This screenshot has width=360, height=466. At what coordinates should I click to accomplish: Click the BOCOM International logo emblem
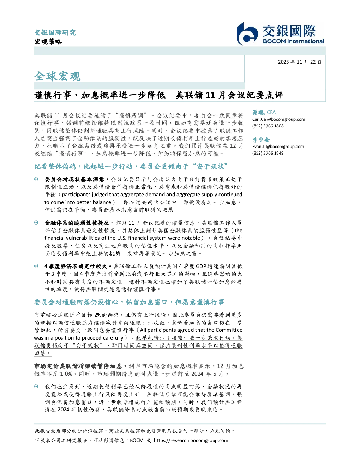(x=247, y=34)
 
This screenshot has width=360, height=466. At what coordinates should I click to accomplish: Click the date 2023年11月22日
(x=300, y=62)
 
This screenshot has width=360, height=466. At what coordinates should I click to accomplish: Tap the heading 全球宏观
(x=58, y=76)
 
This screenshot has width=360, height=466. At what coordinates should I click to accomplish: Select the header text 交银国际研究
(x=55, y=32)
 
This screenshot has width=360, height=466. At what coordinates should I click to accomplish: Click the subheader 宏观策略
(x=48, y=42)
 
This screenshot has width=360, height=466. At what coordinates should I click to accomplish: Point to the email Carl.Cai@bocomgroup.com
(x=278, y=119)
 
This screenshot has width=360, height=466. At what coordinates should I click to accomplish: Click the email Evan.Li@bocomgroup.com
(x=278, y=147)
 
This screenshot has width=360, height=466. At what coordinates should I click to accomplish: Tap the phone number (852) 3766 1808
(x=268, y=126)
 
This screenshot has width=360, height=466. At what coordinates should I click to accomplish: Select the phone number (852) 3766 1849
(x=268, y=153)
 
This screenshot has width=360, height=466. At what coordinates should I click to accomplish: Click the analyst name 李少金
(x=261, y=140)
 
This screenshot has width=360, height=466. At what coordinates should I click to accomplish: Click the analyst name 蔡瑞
(x=258, y=112)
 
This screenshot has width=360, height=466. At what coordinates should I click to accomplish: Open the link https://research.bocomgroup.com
(x=191, y=440)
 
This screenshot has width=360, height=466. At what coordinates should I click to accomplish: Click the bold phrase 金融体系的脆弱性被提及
(x=77, y=223)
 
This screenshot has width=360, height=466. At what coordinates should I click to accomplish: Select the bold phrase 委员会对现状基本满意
(x=74, y=179)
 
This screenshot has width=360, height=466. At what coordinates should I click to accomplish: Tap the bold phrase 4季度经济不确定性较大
(x=76, y=266)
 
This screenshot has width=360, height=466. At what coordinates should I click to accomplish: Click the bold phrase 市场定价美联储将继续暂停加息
(x=78, y=366)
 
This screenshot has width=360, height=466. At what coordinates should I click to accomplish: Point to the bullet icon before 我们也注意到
(x=36, y=387)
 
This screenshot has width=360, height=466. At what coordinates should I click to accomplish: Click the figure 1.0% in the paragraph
(x=66, y=374)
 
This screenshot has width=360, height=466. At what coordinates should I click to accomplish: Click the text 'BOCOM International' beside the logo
(x=293, y=41)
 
